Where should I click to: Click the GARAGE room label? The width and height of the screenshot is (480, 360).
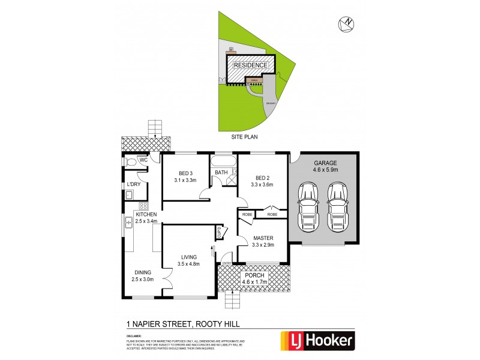click(323, 163)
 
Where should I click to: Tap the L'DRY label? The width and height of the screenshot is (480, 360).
click(133, 184)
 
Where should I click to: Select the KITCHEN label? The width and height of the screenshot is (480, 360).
click(146, 214)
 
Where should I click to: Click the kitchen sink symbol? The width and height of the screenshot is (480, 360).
click(128, 223)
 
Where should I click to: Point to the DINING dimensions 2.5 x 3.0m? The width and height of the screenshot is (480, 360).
click(143, 279)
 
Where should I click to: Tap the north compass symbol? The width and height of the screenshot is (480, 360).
click(346, 23)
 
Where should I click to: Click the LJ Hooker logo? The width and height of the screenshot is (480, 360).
click(318, 341)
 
